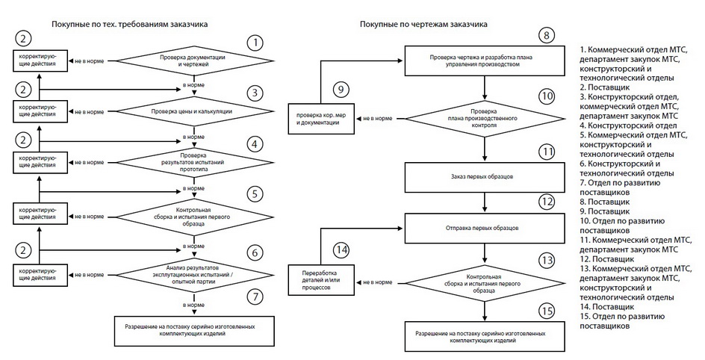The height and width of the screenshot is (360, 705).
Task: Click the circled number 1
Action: tap(255, 43)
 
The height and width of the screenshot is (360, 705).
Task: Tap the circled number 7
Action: tap(255, 297)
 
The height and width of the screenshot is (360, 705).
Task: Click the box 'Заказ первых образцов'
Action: tap(485, 177)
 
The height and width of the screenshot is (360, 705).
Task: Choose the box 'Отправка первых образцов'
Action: tap(485, 227)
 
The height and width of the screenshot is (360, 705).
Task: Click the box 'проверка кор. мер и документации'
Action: tap(319, 120)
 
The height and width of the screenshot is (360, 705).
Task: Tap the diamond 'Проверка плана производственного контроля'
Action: tap(485, 120)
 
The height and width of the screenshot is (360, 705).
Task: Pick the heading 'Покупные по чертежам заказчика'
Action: tap(423, 24)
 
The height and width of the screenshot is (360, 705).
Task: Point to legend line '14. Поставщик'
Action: tap(606, 305)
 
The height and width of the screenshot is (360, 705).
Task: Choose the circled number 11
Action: tap(547, 152)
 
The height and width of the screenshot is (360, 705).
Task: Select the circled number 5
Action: tap(255, 193)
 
